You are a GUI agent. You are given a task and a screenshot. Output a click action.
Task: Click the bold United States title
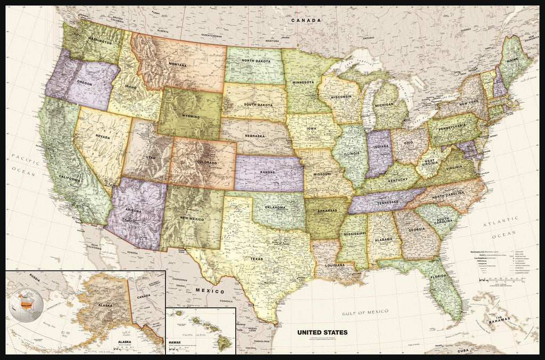pyautogui.click(x=322, y=332)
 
